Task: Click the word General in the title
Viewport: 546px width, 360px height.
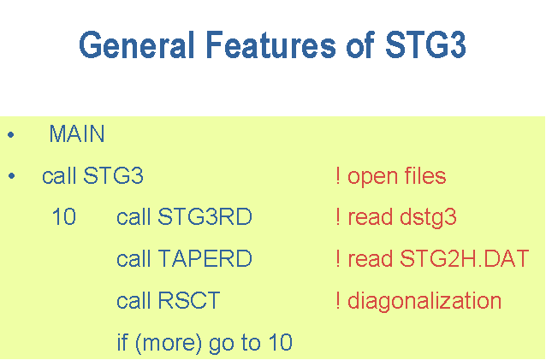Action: pos(137,44)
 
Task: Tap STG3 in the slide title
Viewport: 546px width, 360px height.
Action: pos(425,44)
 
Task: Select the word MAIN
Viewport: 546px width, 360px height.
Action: pos(77,134)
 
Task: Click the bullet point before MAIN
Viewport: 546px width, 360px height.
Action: pos(11,134)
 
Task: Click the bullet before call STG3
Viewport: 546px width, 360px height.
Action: pos(11,176)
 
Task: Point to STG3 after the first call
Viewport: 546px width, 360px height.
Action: pos(113,175)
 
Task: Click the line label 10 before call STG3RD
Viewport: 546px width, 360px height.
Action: pos(63,217)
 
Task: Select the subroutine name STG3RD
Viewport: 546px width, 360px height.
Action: pos(205,217)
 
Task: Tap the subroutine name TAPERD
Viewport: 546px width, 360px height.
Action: pos(205,259)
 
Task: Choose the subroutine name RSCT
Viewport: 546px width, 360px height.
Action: pos(189,300)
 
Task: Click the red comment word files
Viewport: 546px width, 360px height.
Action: pos(425,175)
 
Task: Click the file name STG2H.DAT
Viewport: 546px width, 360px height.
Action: pos(465,259)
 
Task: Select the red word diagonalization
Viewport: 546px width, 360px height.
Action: pos(424,301)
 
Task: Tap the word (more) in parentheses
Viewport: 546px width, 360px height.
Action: pos(169,343)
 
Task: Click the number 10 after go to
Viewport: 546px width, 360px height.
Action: pos(281,342)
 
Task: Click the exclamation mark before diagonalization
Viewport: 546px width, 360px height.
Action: pos(338,300)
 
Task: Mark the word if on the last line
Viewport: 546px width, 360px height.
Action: pos(122,342)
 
